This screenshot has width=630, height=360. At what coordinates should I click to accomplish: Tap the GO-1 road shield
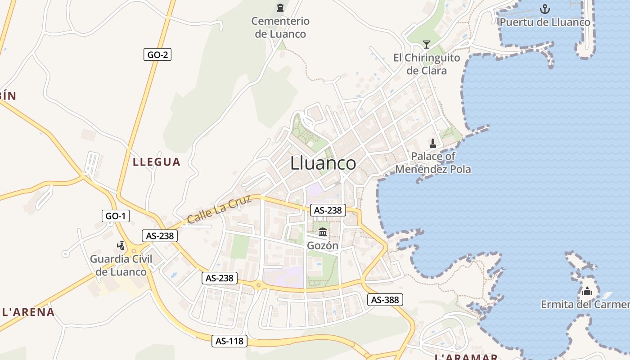pos(116,216)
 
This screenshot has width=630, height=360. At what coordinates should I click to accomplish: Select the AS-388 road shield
pos(385,300)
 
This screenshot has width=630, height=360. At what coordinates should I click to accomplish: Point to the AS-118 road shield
pos(229,341)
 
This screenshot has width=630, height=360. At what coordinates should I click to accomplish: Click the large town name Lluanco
pos(323,163)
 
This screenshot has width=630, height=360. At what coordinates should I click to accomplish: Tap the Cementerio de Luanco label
pos(280,27)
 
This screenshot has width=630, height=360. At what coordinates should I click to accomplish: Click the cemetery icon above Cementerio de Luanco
pos(280,8)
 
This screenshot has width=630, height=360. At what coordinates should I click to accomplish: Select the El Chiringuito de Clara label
pos(427,64)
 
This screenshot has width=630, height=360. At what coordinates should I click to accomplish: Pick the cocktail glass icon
pos(427,44)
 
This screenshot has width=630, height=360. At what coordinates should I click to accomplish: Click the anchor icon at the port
pos(545,9)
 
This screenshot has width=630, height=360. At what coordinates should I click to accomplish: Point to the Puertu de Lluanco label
pos(545,22)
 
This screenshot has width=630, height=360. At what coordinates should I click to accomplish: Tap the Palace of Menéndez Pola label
pos(433,163)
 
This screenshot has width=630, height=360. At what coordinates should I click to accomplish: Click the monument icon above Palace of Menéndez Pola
pos(433,144)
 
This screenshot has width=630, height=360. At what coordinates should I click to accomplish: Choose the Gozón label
pos(323,246)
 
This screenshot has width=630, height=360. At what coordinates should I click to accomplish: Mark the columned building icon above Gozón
pos(323,232)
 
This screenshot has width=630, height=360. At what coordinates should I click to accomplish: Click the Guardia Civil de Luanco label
pos(121,265)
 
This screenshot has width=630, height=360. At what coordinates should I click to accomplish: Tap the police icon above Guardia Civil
pos(121,245)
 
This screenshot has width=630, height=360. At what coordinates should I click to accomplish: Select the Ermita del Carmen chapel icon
pos(587,291)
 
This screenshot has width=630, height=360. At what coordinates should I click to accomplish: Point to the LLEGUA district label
pos(157,162)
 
